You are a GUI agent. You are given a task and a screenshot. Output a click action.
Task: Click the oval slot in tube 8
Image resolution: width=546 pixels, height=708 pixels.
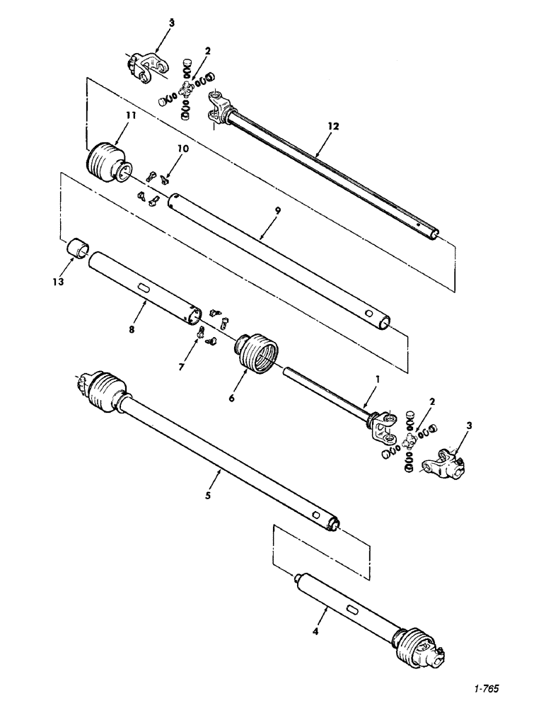pyautogui.click(x=144, y=288)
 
